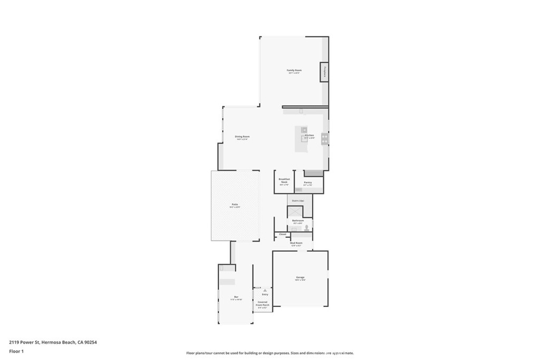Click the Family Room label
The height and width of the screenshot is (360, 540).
click(x=294, y=70)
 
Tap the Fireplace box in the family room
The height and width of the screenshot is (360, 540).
click(x=324, y=72)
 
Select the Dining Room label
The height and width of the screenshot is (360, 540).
click(x=242, y=137)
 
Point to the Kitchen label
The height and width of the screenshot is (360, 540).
click(x=310, y=135)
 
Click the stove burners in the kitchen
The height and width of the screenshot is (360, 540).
click(x=324, y=139)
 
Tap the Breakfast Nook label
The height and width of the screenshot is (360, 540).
click(x=284, y=180)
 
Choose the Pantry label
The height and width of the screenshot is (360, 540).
click(x=308, y=182)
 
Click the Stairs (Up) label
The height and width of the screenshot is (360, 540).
click(x=298, y=201)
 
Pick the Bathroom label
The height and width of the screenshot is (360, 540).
click(x=298, y=220)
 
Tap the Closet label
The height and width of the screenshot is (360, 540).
click(x=283, y=234)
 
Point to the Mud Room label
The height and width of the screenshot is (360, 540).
click(x=296, y=243)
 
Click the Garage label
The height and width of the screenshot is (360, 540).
click(x=300, y=277)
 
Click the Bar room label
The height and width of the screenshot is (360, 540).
click(x=236, y=297)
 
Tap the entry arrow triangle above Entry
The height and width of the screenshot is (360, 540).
click(x=265, y=290)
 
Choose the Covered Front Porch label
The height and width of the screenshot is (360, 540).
click(x=263, y=304)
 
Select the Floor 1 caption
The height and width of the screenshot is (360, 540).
click(x=15, y=351)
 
